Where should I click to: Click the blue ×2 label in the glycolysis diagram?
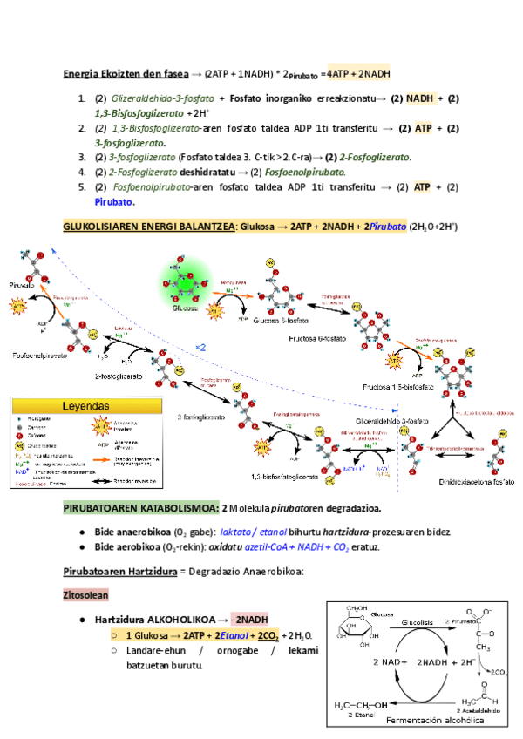tap(200, 348)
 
